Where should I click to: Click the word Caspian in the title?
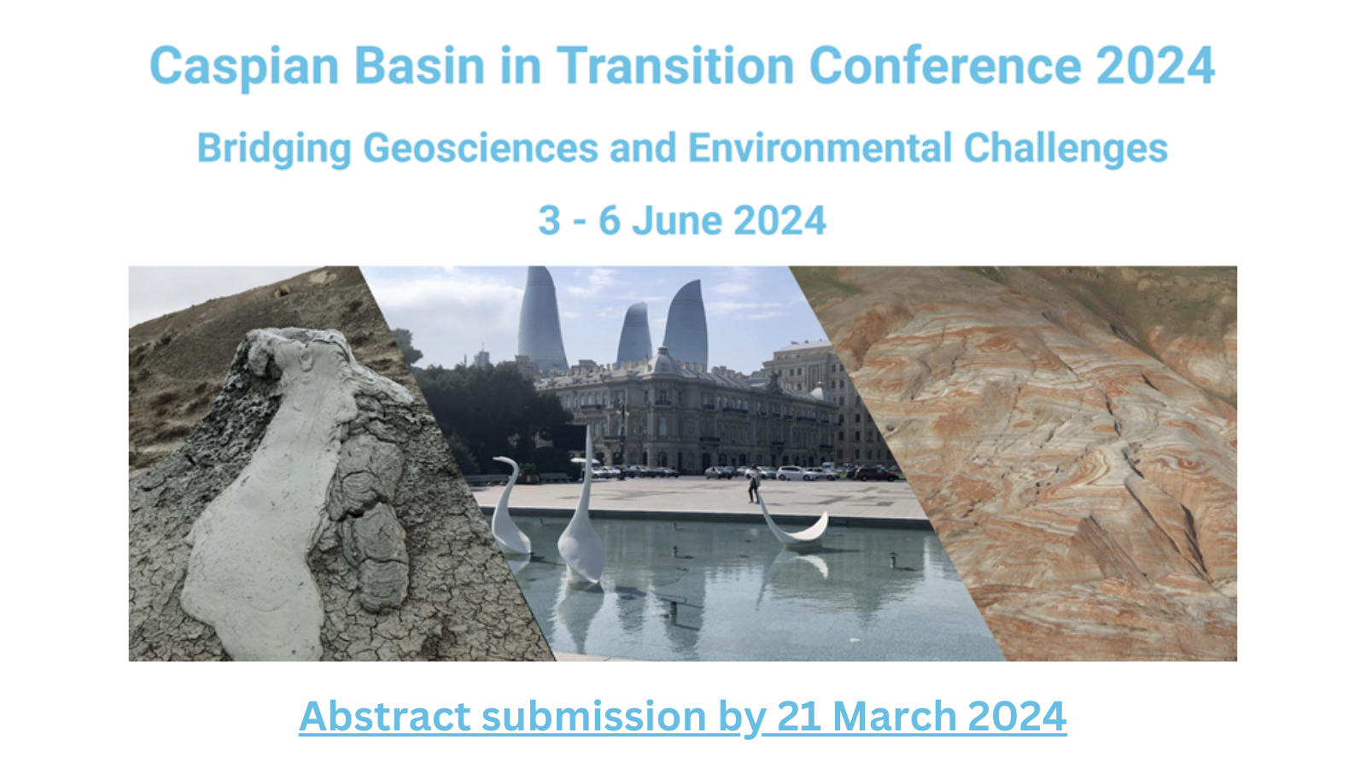tap(244, 67)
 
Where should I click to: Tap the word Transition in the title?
tap(675, 65)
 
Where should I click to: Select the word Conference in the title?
tap(945, 65)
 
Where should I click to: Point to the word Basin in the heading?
tap(419, 65)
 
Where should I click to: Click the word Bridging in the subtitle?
tap(274, 149)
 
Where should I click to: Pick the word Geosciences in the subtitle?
tap(481, 148)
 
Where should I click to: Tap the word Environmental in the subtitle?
tap(820, 148)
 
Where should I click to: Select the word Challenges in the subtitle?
tap(1065, 149)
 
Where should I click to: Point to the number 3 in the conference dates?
tap(549, 220)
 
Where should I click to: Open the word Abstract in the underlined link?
tap(384, 716)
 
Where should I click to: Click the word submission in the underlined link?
tap(593, 716)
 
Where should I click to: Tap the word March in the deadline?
tap(895, 716)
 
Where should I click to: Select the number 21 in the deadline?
tap(799, 716)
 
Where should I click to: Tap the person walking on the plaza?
tap(755, 484)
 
